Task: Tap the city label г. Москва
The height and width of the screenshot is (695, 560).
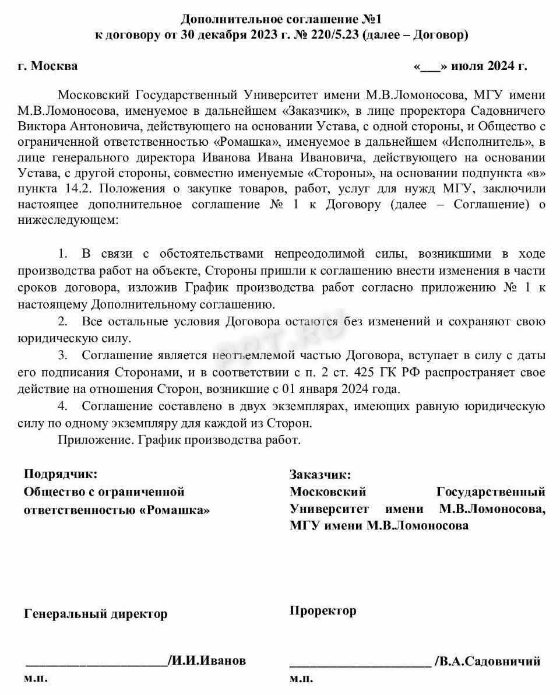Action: (47, 66)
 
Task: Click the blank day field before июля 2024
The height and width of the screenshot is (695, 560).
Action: (431, 66)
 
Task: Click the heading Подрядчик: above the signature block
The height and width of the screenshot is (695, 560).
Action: (60, 473)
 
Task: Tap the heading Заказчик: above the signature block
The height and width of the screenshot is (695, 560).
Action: (320, 475)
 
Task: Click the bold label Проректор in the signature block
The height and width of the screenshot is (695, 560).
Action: (323, 610)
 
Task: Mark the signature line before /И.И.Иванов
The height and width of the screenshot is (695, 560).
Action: (96, 662)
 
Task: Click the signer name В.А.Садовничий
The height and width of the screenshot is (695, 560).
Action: (491, 661)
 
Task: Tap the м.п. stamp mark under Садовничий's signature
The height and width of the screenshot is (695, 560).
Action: (301, 679)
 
